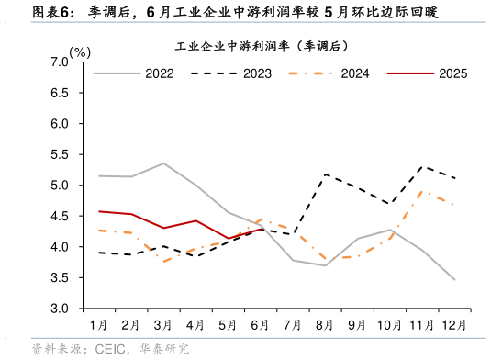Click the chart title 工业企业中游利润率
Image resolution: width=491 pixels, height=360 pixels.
261,45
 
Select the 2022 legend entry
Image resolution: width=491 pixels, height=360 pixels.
162,73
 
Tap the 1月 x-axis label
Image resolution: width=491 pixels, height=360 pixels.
98,324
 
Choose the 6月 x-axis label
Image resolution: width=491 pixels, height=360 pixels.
260,324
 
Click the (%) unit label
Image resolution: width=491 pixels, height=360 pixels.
80,51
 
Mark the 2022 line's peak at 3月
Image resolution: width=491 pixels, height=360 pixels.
163,163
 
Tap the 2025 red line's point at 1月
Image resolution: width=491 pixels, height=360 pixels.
98,211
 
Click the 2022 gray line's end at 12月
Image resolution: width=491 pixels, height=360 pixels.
454,279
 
